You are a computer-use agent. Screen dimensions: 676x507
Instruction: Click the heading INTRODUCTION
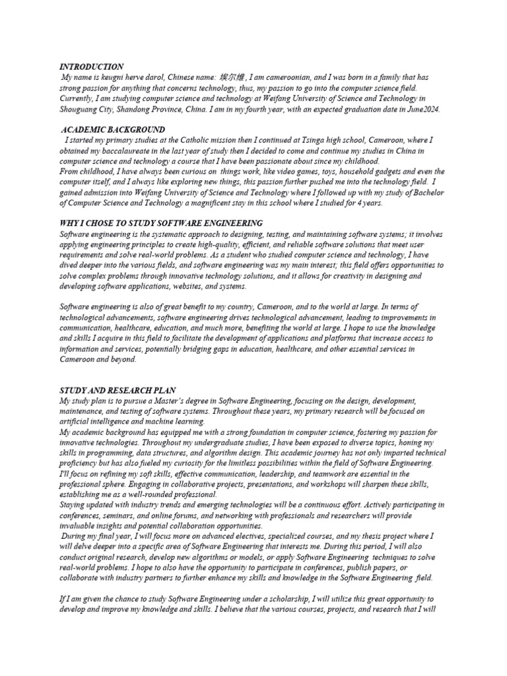[x=91, y=67]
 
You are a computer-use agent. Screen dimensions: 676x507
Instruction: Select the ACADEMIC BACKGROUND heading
[x=113, y=130]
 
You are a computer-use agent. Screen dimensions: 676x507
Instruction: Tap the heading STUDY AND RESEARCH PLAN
[x=118, y=391]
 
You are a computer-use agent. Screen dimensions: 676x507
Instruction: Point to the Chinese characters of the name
[x=232, y=78]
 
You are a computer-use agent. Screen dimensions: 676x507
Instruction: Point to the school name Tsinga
[x=304, y=140]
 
